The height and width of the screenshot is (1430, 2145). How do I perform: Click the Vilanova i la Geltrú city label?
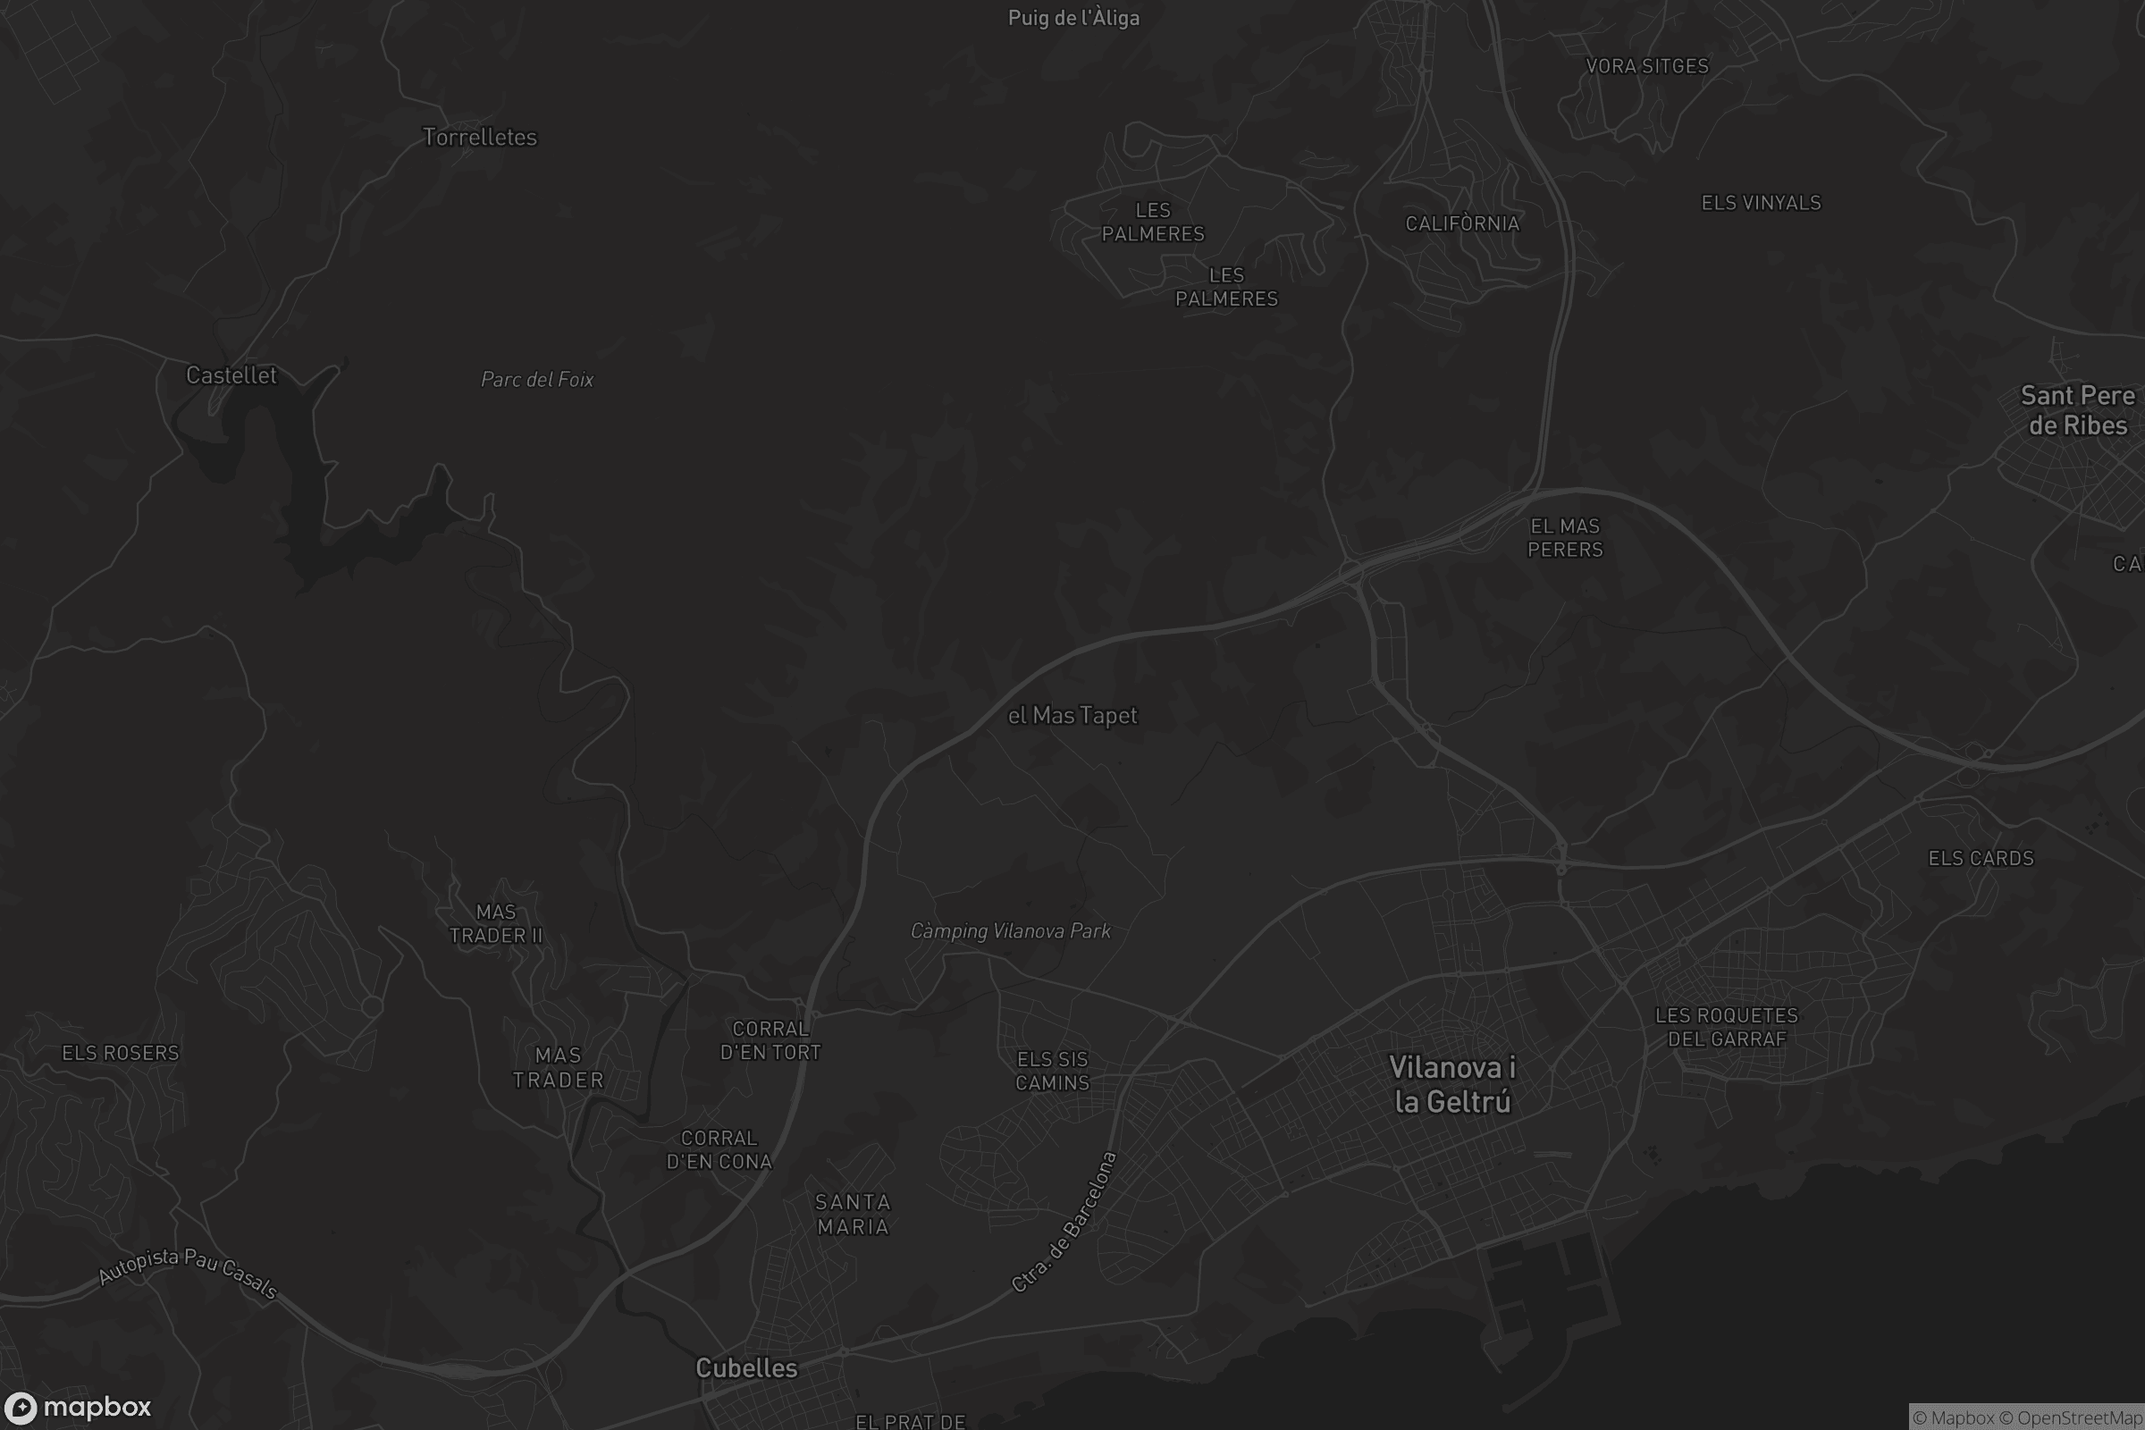(x=1451, y=1084)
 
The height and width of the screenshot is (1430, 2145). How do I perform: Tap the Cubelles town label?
(x=746, y=1368)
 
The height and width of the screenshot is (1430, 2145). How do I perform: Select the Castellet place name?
(x=231, y=374)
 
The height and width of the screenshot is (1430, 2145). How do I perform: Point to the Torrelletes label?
(x=480, y=137)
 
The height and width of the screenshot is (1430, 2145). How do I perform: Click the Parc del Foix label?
(x=537, y=379)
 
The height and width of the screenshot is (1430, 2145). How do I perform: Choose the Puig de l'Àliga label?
(x=1073, y=18)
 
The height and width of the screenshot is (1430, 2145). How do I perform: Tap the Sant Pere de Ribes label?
(x=2077, y=410)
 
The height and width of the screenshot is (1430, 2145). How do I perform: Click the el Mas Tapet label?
(x=1072, y=716)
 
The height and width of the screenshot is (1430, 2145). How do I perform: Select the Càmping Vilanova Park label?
(x=1011, y=931)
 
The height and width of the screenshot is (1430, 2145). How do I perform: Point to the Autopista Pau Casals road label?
(x=187, y=1270)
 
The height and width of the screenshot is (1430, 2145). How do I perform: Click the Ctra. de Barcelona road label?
(x=1065, y=1222)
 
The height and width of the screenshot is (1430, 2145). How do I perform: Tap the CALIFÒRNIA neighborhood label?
(x=1462, y=223)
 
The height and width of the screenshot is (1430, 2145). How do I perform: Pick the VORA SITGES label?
(x=1647, y=66)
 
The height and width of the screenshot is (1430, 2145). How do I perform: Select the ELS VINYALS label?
(x=1761, y=204)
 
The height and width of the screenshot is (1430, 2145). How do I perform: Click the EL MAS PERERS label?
(x=1565, y=538)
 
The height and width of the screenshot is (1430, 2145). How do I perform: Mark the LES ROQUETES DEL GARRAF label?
(x=1727, y=1027)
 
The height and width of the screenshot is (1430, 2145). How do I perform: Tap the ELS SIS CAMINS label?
(x=1053, y=1071)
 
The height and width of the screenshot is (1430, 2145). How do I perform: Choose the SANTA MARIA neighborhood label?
(x=853, y=1215)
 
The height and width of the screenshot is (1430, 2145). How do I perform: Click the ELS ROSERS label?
(x=121, y=1054)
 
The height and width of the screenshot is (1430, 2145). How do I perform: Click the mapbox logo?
(x=77, y=1407)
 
